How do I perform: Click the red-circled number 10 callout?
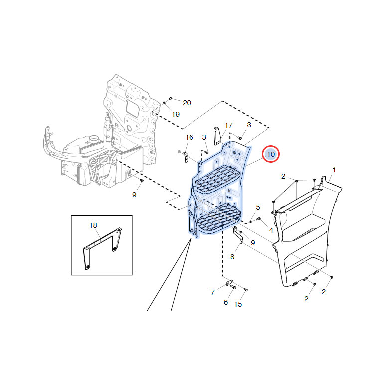tap(270, 154)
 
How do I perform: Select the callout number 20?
tap(187, 103)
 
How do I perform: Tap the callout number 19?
tap(176, 114)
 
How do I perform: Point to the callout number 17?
tap(228, 125)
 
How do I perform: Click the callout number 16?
tap(190, 137)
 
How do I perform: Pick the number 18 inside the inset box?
tap(93, 225)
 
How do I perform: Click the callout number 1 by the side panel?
tap(334, 170)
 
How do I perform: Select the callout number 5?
tap(258, 207)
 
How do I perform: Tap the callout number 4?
tap(271, 230)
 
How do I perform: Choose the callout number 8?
tap(232, 257)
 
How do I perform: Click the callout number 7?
tap(213, 292)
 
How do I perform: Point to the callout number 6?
tap(226, 302)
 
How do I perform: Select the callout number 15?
tap(238, 304)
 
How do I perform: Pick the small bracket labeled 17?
tap(217, 136)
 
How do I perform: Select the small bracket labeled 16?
tap(186, 157)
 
